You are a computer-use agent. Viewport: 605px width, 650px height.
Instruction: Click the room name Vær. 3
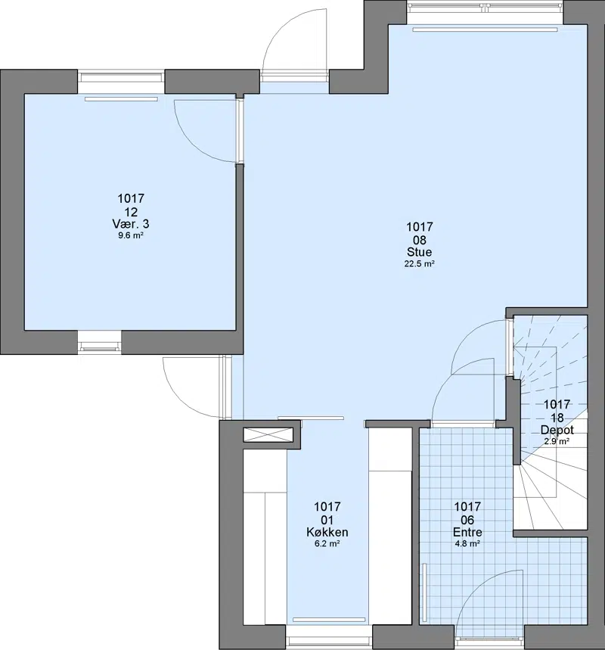[131, 224]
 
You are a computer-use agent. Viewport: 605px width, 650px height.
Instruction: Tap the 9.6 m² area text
[131, 236]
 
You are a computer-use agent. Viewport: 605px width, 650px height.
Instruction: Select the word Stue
[420, 252]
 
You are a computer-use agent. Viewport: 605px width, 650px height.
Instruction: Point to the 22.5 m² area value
[420, 263]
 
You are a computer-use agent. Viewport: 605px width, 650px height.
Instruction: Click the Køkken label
[327, 532]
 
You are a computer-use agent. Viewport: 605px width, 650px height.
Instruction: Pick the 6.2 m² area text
[327, 543]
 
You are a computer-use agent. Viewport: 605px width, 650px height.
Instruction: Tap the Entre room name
[467, 532]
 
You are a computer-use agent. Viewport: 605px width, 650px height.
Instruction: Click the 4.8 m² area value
[467, 543]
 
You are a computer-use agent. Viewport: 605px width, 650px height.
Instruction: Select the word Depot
[557, 430]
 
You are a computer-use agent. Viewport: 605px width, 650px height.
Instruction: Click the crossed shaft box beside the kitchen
[268, 434]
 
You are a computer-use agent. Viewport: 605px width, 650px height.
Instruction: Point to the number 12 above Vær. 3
[131, 212]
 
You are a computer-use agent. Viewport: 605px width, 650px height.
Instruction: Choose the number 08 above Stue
[420, 240]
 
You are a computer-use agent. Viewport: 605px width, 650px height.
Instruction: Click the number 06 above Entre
[467, 520]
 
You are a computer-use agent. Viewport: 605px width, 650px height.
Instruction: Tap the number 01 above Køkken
[327, 520]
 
